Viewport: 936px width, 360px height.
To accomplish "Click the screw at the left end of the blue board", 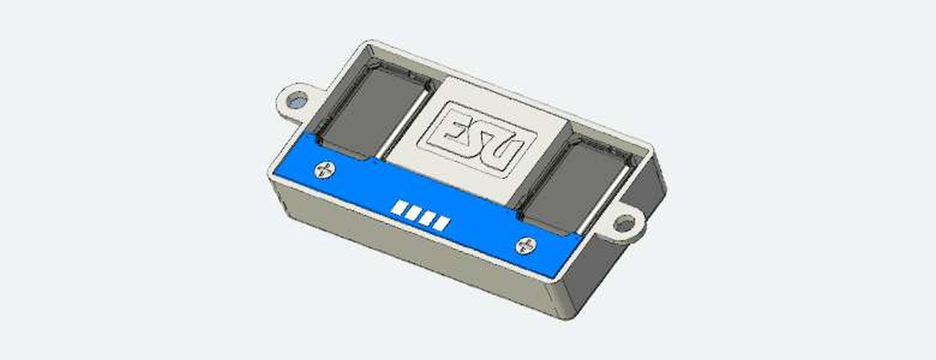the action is [324, 170].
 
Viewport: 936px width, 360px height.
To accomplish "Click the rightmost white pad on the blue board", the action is [441, 223].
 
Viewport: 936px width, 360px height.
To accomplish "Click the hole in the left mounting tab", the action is [298, 100].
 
